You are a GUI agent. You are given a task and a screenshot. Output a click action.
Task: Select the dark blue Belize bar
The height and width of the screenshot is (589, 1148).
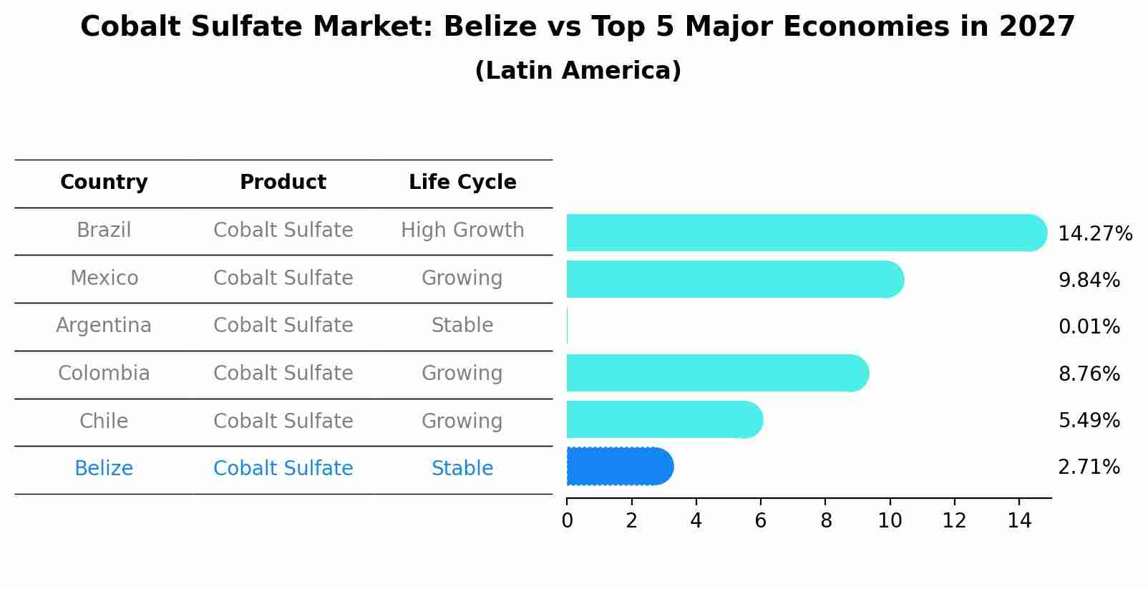point(619,467)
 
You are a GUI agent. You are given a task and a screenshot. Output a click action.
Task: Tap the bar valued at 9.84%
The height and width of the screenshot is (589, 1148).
point(734,279)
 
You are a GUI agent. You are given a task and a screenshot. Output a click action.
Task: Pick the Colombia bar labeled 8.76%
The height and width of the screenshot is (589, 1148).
point(716,373)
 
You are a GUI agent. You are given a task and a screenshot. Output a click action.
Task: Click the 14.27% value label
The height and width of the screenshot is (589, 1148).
point(1094,234)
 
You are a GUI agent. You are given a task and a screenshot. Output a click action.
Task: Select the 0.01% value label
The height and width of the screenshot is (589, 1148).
point(1089,327)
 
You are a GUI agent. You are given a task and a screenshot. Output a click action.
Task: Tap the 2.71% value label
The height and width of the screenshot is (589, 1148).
point(1089,467)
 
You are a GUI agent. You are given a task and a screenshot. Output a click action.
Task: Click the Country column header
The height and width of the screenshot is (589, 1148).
point(104,182)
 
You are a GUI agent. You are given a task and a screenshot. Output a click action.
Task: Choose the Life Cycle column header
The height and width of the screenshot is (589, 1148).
point(462,182)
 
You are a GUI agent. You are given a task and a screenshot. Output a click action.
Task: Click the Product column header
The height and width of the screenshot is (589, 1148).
point(283,182)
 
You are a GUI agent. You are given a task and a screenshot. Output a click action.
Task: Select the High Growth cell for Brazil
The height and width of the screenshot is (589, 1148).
point(462,230)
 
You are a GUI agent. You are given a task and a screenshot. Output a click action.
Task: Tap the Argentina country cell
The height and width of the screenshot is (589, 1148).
point(104,326)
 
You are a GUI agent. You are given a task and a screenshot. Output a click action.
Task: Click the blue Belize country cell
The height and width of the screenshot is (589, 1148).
point(104,469)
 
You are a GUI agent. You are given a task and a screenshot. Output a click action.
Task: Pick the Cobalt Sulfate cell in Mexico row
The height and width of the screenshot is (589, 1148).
point(283,278)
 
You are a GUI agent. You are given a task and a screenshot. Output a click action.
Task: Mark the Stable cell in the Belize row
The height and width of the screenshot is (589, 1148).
point(462,469)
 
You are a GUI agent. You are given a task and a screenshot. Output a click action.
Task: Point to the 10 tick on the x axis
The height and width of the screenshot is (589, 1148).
point(890,521)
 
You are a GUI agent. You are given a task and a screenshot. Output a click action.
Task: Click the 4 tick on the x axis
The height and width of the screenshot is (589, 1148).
point(696,521)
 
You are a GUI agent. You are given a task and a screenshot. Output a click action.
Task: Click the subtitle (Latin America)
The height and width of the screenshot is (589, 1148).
point(578,71)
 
